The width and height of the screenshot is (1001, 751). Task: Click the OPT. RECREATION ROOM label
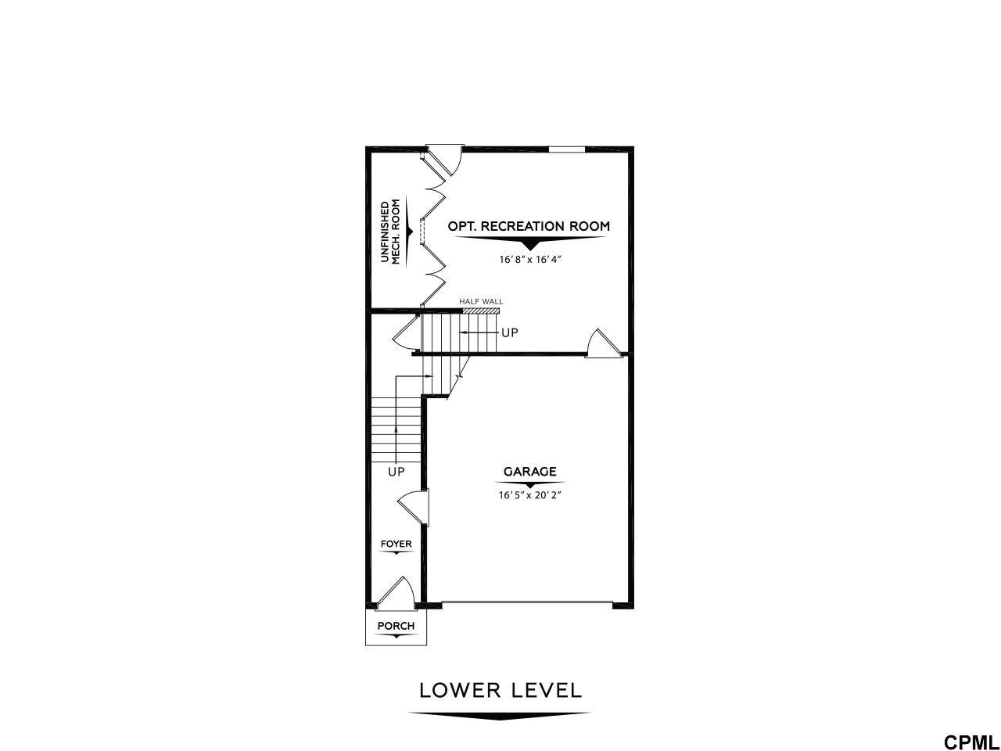529,226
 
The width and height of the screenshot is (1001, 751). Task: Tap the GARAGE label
530,472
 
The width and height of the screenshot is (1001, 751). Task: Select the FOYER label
396,544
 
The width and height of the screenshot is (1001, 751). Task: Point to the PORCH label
396,626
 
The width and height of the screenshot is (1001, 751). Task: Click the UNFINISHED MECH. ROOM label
390,232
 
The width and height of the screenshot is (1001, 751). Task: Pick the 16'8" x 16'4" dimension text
529,260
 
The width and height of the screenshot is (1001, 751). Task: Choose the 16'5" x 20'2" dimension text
529,495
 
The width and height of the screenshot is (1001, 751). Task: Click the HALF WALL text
481,301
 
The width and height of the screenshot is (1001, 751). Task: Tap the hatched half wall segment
481,311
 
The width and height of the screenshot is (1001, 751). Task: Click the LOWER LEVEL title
500,691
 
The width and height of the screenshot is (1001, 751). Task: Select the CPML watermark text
969,742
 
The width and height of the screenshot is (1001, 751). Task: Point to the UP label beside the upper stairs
510,333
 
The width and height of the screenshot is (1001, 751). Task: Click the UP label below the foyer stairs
396,472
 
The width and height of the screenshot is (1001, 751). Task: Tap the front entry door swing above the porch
396,593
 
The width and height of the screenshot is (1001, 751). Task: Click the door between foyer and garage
414,507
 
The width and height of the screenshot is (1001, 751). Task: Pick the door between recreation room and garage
603,343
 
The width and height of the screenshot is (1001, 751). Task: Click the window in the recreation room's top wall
566,149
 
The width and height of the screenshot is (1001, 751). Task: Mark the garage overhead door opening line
527,603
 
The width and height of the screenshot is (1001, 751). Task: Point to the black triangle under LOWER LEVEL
500,715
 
